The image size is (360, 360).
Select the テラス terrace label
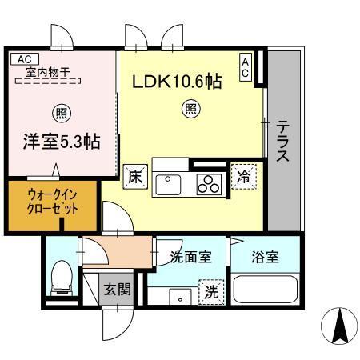coord(283,142)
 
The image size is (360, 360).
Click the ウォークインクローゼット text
coord(54,203)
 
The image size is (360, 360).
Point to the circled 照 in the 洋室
coord(61,112)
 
